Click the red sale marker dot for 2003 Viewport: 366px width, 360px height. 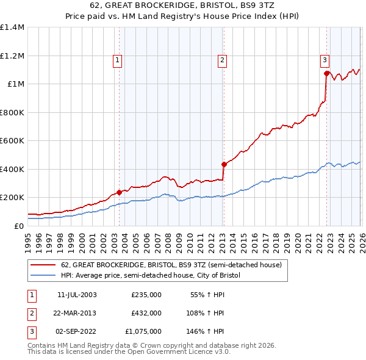coord(118,192)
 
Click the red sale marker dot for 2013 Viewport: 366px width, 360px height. coord(223,164)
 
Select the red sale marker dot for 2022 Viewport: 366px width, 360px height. coord(326,74)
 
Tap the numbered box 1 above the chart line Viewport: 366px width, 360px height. coord(117,60)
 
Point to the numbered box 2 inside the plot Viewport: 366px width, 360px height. coord(222,60)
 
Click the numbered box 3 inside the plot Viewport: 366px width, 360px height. coord(325,60)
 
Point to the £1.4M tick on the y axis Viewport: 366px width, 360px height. coord(12,27)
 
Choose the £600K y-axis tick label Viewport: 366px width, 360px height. coord(12,141)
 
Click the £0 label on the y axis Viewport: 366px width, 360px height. coord(18,226)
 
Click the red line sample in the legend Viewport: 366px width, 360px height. coord(43,265)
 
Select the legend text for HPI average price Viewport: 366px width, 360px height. coord(151,276)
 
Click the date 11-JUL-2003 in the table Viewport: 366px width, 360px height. coord(77,294)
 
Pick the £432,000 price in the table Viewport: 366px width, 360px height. coord(146,313)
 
